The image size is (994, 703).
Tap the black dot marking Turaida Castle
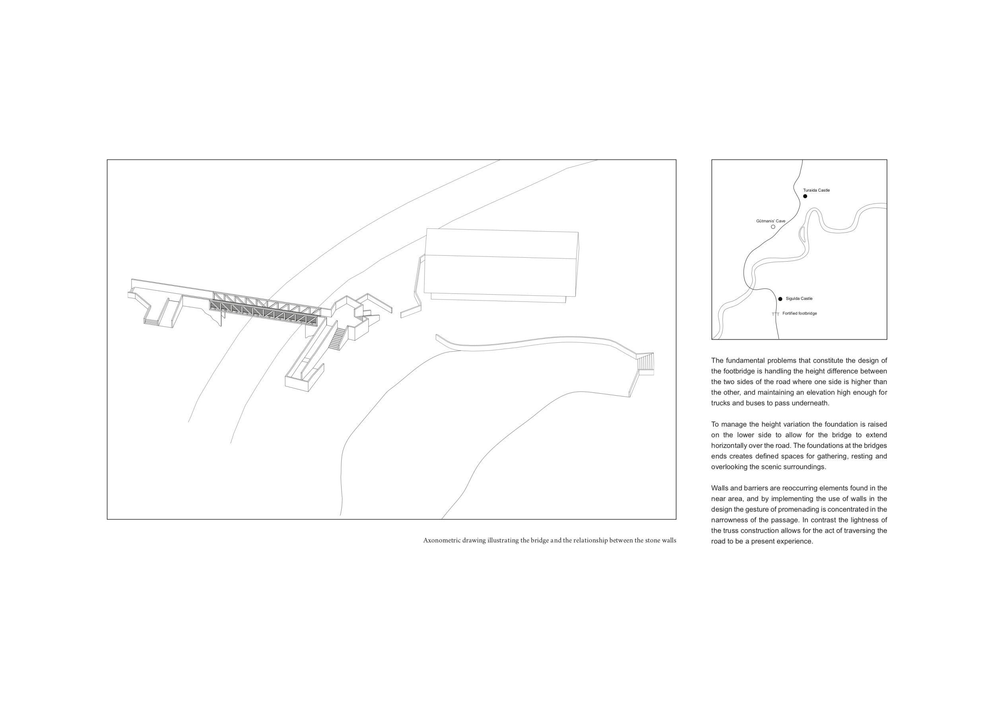pyautogui.click(x=805, y=196)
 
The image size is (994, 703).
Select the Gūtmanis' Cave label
pyautogui.click(x=771, y=221)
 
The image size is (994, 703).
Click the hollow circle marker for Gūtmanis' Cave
pyautogui.click(x=773, y=227)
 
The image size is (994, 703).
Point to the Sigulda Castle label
pyautogui.click(x=799, y=299)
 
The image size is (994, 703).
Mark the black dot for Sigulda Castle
pyautogui.click(x=780, y=299)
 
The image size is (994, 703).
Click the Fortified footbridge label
pyautogui.click(x=800, y=313)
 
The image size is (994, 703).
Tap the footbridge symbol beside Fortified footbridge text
pyautogui.click(x=775, y=314)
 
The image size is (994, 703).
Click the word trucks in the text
pyautogui.click(x=721, y=403)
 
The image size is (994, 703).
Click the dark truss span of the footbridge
pyautogui.click(x=263, y=313)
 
